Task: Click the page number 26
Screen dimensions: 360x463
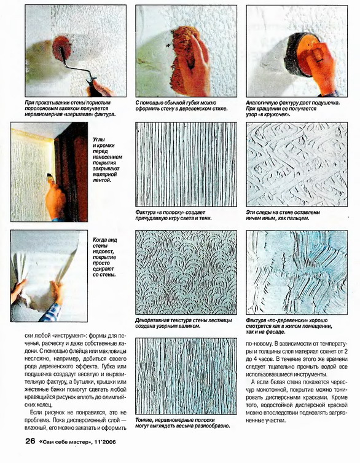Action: (x=30, y=441)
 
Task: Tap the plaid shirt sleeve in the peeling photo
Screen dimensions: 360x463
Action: (x=50, y=312)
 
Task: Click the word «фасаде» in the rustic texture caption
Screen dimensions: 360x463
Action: (x=276, y=332)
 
